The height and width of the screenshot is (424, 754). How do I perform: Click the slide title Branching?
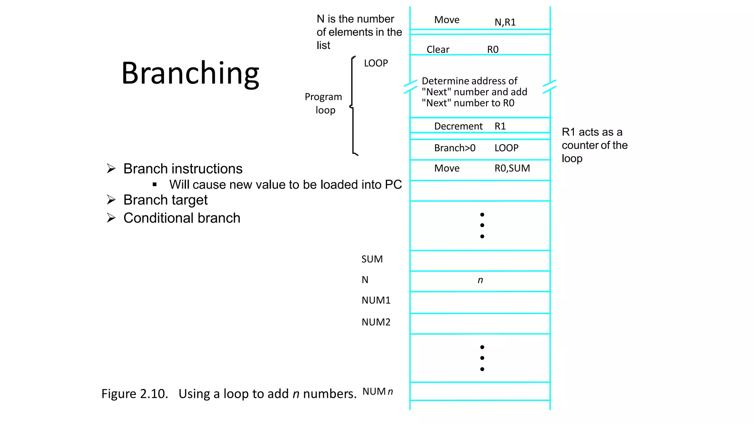click(x=190, y=73)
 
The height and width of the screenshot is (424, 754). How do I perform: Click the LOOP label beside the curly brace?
click(x=376, y=63)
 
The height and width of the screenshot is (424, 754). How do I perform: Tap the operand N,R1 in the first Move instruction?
click(x=505, y=22)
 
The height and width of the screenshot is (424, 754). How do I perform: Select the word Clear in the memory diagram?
click(x=438, y=50)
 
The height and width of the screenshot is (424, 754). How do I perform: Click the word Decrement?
click(x=458, y=126)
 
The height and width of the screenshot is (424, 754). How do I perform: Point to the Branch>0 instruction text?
click(x=455, y=148)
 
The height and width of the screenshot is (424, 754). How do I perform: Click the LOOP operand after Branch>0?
click(x=506, y=148)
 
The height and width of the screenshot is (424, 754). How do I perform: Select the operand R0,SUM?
click(x=512, y=168)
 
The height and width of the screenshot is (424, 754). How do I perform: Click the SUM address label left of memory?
click(x=372, y=259)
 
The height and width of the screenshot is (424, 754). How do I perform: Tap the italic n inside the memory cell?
click(x=480, y=280)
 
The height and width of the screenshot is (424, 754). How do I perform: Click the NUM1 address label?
click(x=376, y=300)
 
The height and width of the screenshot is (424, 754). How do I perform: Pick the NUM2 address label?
click(x=376, y=322)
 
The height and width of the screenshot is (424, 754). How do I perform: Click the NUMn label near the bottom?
click(x=377, y=391)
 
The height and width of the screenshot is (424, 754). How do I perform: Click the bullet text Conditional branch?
click(x=182, y=218)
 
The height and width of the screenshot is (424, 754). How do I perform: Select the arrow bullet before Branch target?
click(x=111, y=200)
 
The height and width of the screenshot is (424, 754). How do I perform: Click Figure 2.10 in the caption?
click(x=134, y=394)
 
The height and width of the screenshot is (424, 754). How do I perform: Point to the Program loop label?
click(x=324, y=103)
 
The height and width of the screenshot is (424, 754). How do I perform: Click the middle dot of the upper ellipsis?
click(x=482, y=225)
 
